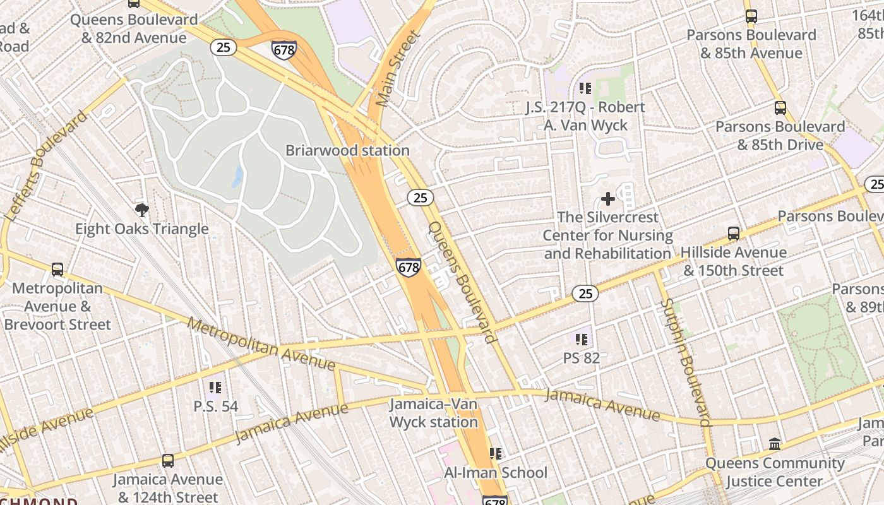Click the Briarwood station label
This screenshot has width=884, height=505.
point(347,150)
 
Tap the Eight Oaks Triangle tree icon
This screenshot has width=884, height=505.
point(142,210)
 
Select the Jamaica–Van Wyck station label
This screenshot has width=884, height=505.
point(433,413)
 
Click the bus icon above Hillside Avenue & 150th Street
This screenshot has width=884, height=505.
point(733,234)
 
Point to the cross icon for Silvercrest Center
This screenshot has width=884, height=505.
point(607,199)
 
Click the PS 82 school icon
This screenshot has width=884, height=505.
point(582,340)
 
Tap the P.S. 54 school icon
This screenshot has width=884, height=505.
point(215,387)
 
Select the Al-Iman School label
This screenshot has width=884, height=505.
point(496,472)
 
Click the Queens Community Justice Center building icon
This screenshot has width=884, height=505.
point(775,444)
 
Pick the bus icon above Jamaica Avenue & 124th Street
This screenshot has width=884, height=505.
point(167,461)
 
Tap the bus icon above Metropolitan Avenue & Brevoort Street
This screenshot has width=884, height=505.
point(57,270)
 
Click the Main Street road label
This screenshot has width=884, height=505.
point(397,68)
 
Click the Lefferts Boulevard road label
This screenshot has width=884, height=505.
point(46,166)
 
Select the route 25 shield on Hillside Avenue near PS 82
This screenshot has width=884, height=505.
point(585,293)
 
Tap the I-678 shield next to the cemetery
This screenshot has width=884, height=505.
point(409,267)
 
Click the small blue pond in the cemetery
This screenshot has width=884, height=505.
point(237,177)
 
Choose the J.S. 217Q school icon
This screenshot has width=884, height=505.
point(585,88)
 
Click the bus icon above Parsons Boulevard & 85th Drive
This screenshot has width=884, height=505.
point(780,108)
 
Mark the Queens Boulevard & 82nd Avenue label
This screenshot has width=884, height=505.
point(134,28)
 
